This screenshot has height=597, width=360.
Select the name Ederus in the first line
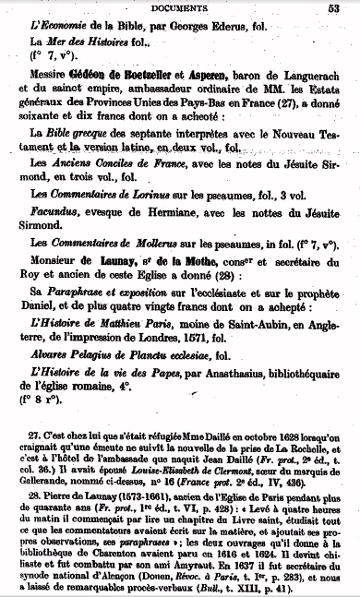pyautogui.click(x=222, y=24)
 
